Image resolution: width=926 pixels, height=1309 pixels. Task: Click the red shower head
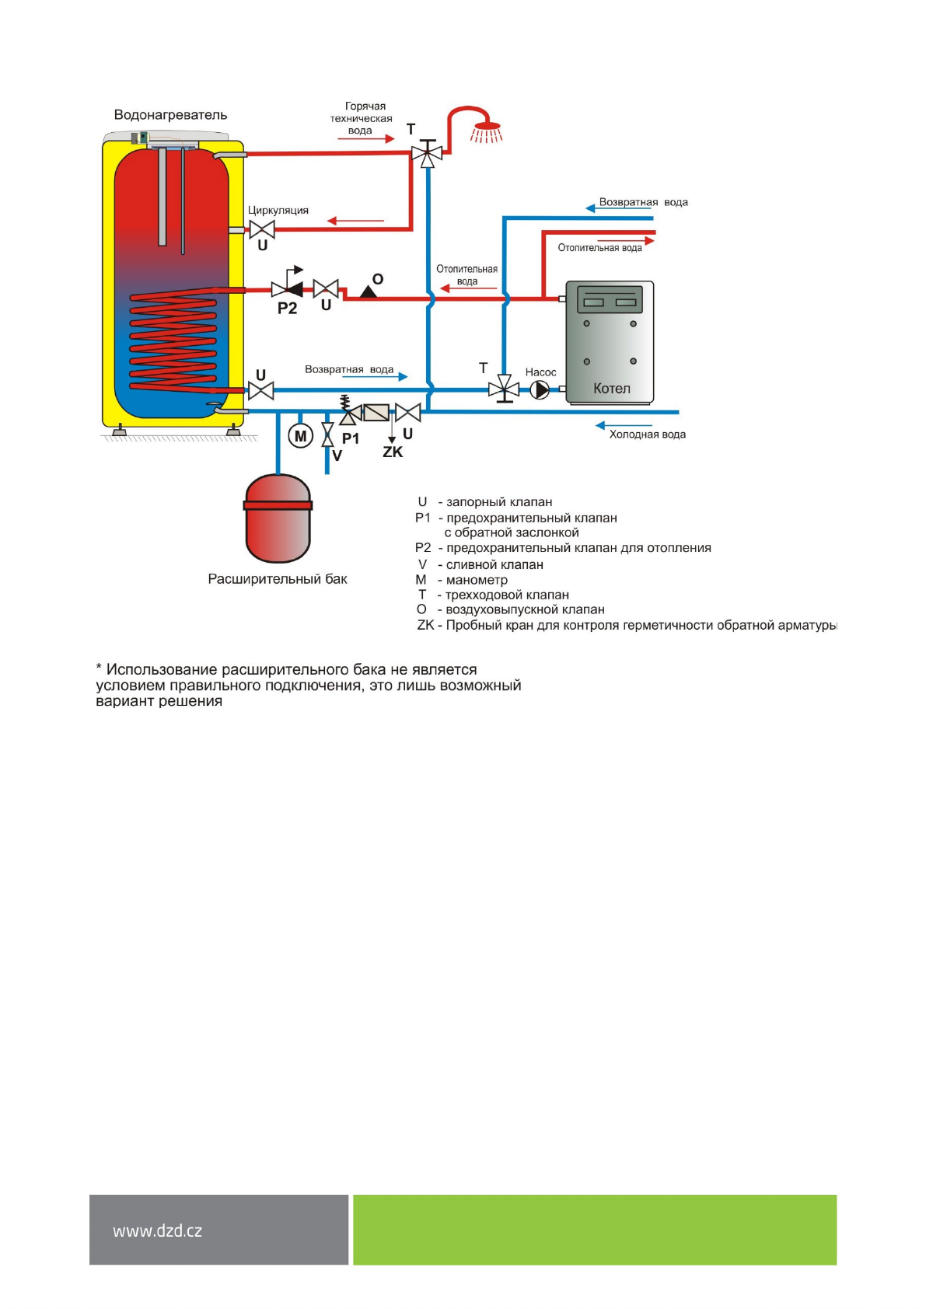[x=487, y=128]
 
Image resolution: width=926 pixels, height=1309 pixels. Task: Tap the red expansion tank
[x=278, y=518]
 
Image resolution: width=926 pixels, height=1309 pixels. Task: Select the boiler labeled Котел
[x=610, y=342]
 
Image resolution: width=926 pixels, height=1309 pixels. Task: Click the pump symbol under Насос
[x=540, y=389]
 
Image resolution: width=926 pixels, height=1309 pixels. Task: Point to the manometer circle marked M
[x=301, y=436]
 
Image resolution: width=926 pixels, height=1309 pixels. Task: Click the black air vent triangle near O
[x=369, y=291]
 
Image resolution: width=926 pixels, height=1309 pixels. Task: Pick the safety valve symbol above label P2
[x=288, y=288]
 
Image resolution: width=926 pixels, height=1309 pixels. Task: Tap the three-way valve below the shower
[x=427, y=153]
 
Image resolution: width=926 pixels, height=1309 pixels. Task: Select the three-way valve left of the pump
[x=504, y=388]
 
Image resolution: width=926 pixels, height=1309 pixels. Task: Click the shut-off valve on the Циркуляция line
[x=262, y=229]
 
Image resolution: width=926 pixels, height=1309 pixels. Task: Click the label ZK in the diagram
[x=393, y=452]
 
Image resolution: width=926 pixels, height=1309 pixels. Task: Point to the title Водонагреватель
[x=170, y=115]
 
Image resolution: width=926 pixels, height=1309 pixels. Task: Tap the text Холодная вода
[x=647, y=435]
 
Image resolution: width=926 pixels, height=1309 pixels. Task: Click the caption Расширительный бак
[x=278, y=579]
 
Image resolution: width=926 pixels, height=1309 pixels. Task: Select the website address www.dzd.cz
[x=157, y=1230]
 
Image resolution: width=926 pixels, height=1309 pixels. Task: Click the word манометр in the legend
[x=477, y=580]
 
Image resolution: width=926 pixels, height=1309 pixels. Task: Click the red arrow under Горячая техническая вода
[x=365, y=139]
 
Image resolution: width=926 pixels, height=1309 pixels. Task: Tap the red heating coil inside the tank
[x=173, y=342]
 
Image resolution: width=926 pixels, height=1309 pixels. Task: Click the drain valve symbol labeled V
[x=327, y=435]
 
